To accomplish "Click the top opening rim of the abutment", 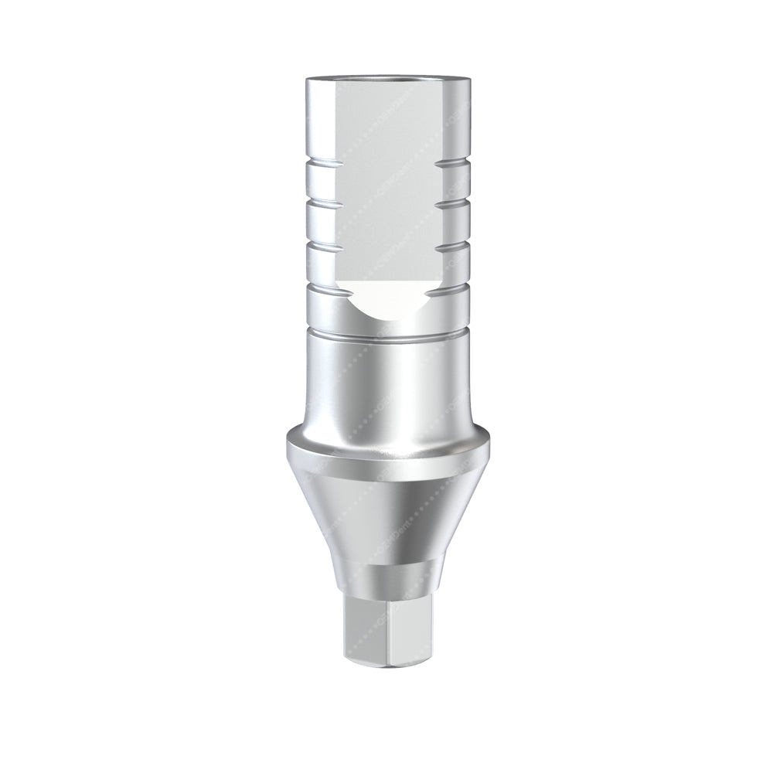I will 386,80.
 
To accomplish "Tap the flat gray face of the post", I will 386,193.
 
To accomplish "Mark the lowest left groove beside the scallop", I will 317,287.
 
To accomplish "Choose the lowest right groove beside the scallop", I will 458,287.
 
